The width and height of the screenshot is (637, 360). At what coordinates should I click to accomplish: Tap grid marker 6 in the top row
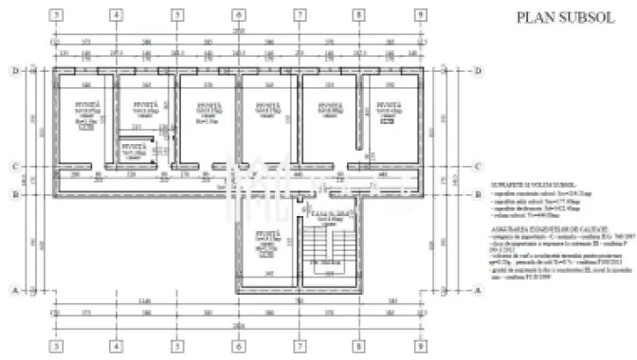tap(238, 16)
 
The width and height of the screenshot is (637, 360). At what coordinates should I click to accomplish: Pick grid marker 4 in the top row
tap(115, 16)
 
